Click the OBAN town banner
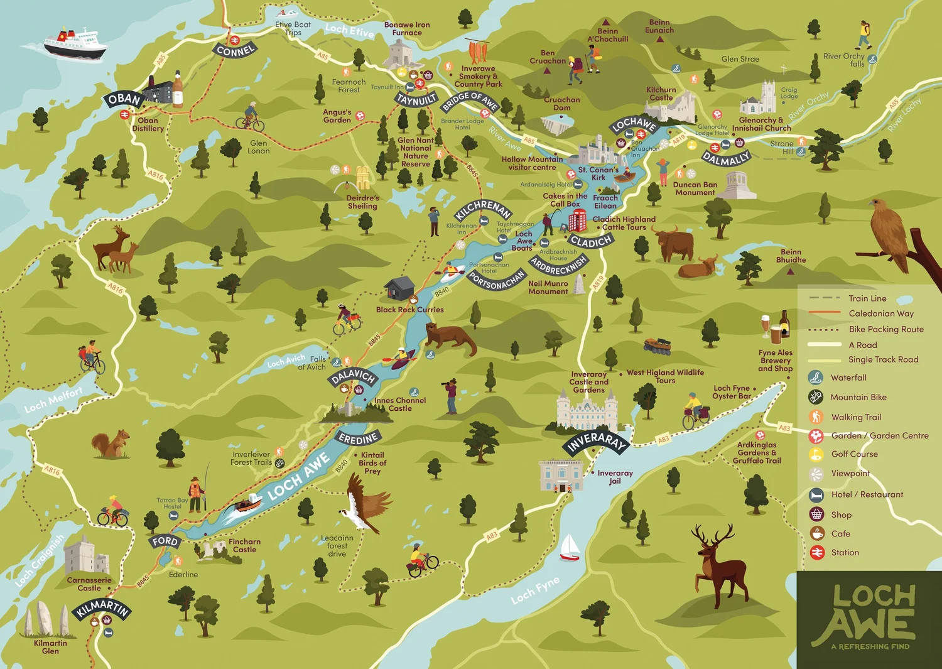coord(124,99)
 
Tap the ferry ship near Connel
coord(74,44)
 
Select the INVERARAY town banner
coord(596,442)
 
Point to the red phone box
coord(577,220)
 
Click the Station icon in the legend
coord(816,552)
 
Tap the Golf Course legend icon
coord(816,454)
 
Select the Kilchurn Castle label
coord(661,94)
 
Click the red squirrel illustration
coord(111,444)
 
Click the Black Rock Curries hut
coord(399,288)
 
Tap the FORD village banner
coord(165,541)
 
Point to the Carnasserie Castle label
coord(89,584)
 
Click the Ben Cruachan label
coord(548,57)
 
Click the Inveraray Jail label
coord(615,477)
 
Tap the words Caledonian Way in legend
coord(881,313)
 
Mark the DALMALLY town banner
coord(726,159)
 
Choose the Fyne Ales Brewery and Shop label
coord(776,361)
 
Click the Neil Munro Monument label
coord(548,287)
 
